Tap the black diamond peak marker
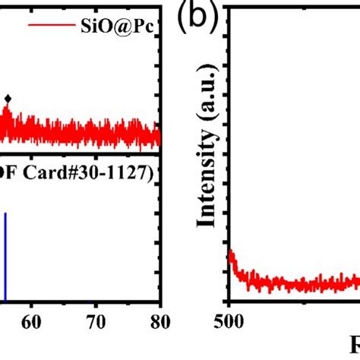8,98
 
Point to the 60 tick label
31,321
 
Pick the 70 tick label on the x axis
95,321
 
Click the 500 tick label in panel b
229,321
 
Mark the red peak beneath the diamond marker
8,113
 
